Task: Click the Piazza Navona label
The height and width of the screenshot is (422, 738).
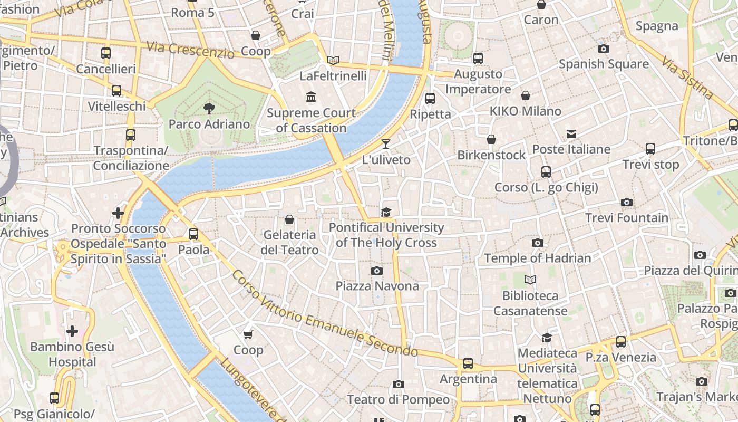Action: [x=377, y=286]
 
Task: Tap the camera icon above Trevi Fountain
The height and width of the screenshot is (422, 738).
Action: [x=626, y=202]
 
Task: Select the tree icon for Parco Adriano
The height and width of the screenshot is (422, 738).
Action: [x=209, y=109]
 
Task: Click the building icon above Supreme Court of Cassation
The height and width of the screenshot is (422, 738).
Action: [x=311, y=97]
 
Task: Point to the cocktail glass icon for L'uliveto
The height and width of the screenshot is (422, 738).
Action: [x=386, y=144]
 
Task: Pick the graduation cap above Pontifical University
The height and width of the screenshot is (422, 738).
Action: [x=386, y=212]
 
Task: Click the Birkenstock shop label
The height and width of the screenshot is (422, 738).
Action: [x=491, y=155]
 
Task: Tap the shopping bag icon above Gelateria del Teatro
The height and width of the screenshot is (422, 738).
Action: [x=289, y=219]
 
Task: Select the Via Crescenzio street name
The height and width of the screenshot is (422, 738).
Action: [x=190, y=50]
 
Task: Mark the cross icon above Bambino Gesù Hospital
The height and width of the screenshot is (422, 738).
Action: [x=72, y=331]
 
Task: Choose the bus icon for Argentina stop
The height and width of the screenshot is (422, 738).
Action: [x=468, y=363]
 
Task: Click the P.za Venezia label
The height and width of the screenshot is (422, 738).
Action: [x=621, y=357]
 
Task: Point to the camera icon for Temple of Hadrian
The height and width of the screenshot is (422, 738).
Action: [x=537, y=243]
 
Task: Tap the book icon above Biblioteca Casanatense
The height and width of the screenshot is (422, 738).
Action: [x=530, y=280]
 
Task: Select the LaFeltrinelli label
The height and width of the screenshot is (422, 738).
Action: [x=333, y=76]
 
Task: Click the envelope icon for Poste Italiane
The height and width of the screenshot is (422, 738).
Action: [x=571, y=134]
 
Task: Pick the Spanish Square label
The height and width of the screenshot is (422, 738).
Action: [x=604, y=64]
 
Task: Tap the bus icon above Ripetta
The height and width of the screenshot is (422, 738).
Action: [x=430, y=98]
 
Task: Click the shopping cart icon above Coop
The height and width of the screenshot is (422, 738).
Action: [x=248, y=334]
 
